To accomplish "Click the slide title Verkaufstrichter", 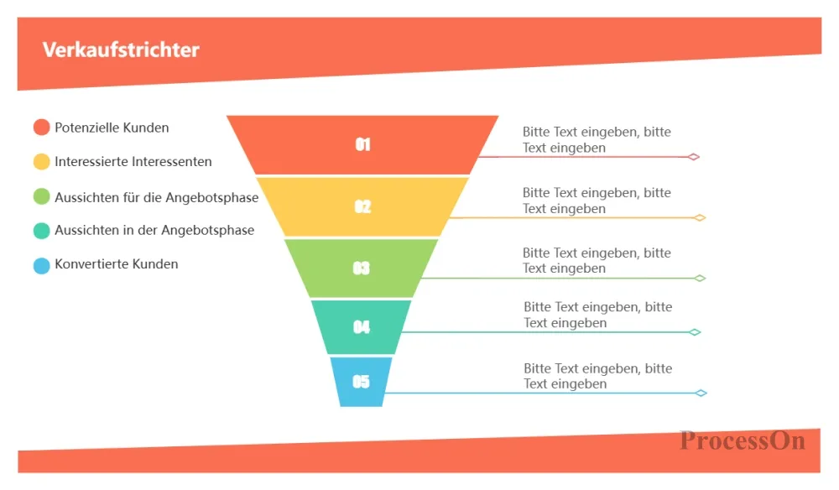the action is (121, 50).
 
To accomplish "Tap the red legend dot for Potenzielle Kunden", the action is (42, 128).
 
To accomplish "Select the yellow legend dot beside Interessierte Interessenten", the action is (42, 162).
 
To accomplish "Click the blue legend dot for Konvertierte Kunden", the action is (42, 266).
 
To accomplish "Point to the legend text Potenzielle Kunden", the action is (112, 128).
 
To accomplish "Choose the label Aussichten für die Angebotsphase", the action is (157, 197).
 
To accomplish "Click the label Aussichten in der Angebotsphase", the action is (154, 230).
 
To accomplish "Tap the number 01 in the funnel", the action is (362, 144).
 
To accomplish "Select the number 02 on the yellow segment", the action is (362, 206).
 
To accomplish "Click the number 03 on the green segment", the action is (362, 268).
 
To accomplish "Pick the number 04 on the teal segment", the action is (362, 327).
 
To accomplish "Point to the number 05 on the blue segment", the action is (361, 382).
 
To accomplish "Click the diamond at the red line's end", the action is (694, 157).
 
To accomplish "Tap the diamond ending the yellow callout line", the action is (700, 217).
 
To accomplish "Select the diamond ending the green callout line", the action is (700, 279).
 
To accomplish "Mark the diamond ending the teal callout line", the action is (695, 332).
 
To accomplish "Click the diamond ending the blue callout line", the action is (701, 394).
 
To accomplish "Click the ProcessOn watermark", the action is (743, 440).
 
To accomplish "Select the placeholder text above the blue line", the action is (597, 376).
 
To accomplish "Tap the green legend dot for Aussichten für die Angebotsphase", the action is (42, 196).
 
